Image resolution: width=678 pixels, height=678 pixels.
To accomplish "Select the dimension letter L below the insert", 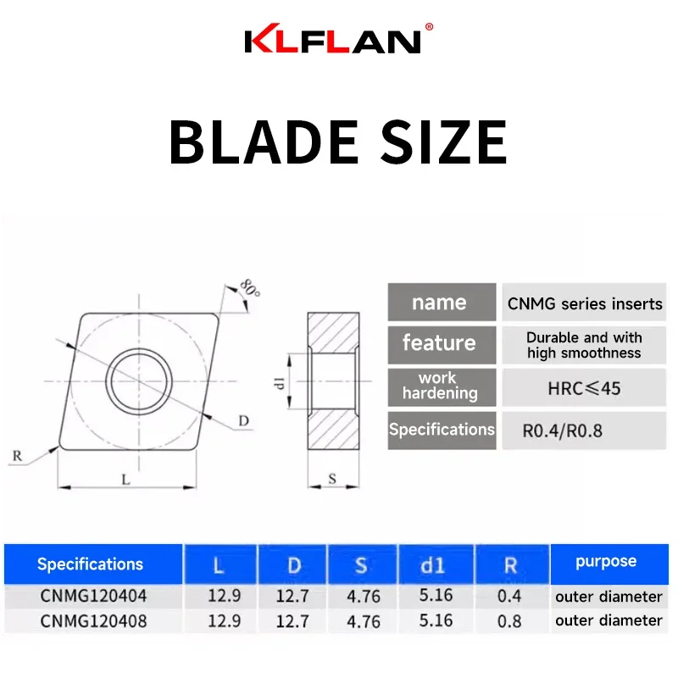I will (x=125, y=479).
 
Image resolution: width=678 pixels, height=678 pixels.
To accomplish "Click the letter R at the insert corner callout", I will (x=17, y=456).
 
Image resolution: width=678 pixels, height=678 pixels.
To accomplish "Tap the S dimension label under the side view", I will (x=332, y=479).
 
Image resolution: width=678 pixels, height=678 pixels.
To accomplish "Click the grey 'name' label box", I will (x=441, y=303).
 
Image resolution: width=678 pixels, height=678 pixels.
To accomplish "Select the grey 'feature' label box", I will (x=441, y=343).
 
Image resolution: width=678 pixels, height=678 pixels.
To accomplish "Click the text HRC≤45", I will (x=585, y=388).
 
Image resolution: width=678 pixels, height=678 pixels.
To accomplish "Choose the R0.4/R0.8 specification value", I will (x=563, y=431).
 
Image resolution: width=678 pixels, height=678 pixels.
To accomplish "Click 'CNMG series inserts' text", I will (x=585, y=303).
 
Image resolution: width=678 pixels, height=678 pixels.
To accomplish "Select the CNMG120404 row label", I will (x=93, y=597).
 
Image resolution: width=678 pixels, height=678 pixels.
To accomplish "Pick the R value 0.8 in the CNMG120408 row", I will (x=509, y=620).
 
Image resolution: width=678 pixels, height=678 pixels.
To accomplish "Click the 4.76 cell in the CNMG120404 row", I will (x=364, y=597).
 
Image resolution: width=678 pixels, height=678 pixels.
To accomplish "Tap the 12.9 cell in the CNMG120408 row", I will (x=224, y=620).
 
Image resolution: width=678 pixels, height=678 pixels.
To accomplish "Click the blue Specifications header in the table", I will (x=91, y=564).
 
